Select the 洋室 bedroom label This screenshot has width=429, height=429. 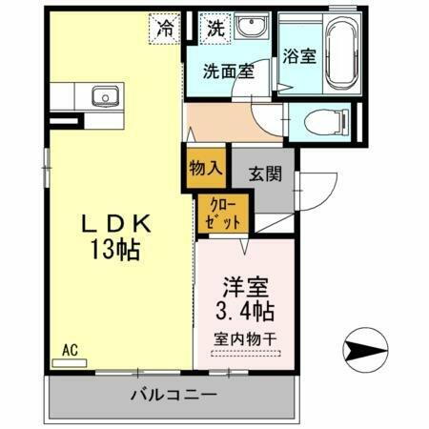click(246, 286)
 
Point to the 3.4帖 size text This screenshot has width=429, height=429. click(246, 311)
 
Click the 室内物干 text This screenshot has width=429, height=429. click(246, 337)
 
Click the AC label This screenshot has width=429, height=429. click(69, 350)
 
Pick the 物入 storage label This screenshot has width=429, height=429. click(206, 167)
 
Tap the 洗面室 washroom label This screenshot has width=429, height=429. click(227, 71)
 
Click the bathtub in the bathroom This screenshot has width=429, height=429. click(343, 53)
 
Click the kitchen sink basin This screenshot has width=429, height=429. click(103, 96)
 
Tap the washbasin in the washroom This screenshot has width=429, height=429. click(250, 29)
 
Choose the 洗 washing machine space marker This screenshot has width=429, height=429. click(215, 28)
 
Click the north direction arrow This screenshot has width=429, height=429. click(365, 349)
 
